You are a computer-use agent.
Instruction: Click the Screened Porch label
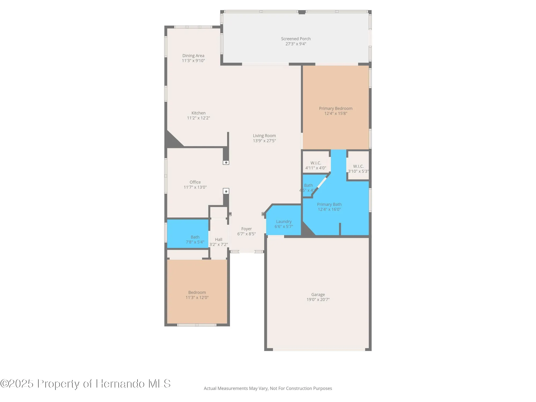click(x=296, y=39)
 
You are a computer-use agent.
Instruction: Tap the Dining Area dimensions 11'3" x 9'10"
click(x=193, y=61)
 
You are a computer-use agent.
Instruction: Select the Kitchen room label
click(x=198, y=113)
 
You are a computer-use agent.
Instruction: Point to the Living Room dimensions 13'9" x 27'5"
click(x=264, y=141)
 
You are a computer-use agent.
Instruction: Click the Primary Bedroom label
click(x=336, y=109)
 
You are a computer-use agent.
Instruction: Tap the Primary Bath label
click(x=329, y=204)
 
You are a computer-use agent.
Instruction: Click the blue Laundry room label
click(x=284, y=222)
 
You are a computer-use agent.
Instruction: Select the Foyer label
click(x=246, y=229)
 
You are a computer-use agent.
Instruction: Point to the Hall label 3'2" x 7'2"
click(x=218, y=242)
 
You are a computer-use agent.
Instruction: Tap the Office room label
click(x=195, y=182)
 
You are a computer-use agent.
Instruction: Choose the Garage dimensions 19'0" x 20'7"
click(x=318, y=300)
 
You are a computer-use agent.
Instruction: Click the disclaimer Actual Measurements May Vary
click(x=267, y=388)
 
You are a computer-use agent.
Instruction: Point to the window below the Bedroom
click(x=197, y=325)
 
